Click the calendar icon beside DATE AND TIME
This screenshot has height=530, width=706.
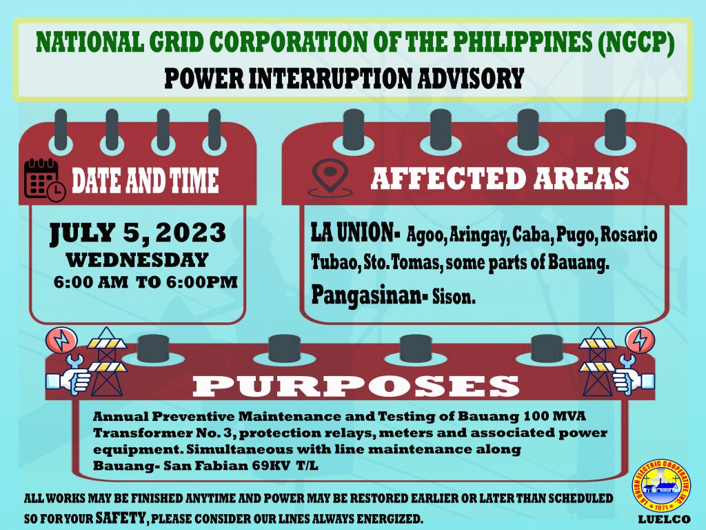click(44, 179)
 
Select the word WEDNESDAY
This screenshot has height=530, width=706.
click(137, 260)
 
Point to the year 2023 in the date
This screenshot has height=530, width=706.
click(190, 233)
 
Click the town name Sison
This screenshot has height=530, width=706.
click(454, 297)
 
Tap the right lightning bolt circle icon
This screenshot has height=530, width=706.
click(638, 340)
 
